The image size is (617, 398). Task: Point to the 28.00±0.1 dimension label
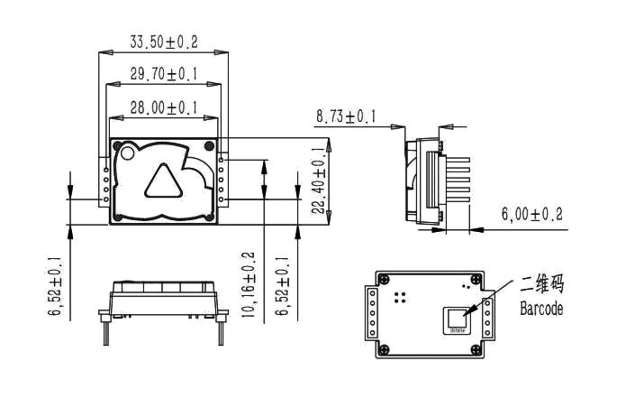coord(164,107)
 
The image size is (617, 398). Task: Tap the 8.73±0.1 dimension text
coord(346,116)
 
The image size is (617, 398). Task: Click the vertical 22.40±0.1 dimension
coord(318,180)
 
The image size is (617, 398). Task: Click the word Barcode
coord(541,309)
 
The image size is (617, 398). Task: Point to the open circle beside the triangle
coord(127,153)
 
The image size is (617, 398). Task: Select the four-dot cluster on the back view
coord(402,295)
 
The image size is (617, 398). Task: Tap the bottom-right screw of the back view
coord(474,350)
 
